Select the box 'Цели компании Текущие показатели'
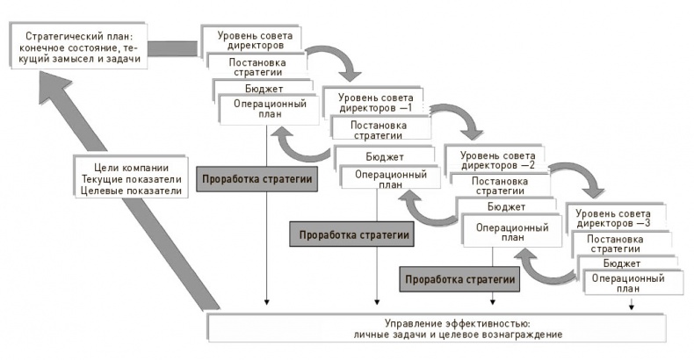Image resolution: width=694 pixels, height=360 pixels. [x=132, y=179]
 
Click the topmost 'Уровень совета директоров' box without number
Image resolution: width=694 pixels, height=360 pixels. [x=255, y=39]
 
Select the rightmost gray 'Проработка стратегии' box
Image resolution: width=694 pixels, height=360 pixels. [x=459, y=279]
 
